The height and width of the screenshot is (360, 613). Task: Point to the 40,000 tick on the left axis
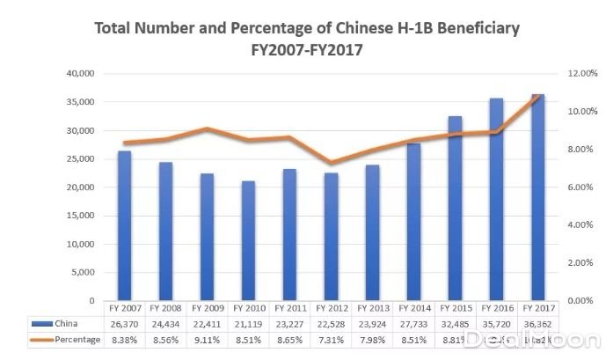(80, 74)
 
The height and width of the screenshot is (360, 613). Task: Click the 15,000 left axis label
(80, 216)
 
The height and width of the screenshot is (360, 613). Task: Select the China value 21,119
(249, 323)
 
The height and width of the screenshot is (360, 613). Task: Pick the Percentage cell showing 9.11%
(208, 339)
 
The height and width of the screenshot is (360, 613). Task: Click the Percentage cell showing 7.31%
(332, 339)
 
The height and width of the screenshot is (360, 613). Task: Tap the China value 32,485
(456, 323)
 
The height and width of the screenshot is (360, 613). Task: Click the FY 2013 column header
(373, 308)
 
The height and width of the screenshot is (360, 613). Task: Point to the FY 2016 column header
(497, 308)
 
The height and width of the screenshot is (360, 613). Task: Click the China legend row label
(65, 323)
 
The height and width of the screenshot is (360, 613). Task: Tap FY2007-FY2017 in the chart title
(307, 50)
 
